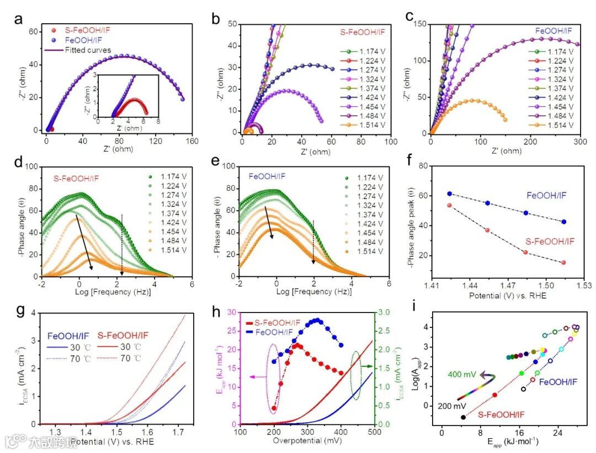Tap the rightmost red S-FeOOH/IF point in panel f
tap(563, 263)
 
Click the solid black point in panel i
tap(463, 417)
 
